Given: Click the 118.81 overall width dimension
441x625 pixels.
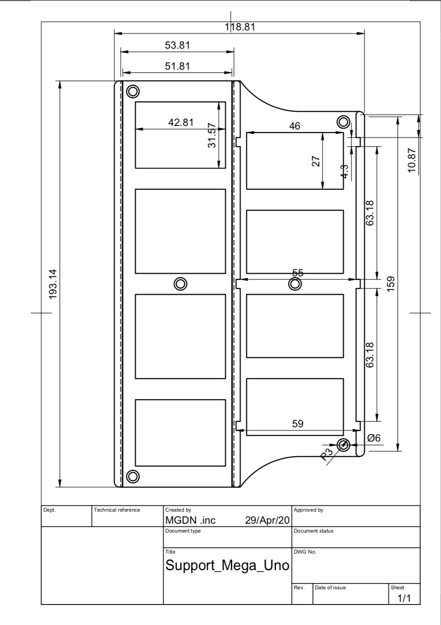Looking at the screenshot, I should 240,27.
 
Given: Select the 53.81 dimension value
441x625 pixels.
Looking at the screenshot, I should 177,45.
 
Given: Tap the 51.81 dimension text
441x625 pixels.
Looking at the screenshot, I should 177,66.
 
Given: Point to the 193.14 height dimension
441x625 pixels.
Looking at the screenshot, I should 53,283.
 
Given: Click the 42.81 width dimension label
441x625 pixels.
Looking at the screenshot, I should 181,122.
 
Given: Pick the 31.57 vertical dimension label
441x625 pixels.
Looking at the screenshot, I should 212,135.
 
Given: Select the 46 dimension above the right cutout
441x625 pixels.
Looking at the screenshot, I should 295,126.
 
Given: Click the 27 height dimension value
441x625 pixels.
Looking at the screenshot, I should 316,161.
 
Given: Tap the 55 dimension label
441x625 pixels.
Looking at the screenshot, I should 298,273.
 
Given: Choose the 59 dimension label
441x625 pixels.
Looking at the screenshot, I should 298,424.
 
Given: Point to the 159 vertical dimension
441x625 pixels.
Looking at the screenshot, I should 391,283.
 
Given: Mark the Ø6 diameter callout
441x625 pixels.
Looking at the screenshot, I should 374,438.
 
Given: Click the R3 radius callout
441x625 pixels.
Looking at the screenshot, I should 327,454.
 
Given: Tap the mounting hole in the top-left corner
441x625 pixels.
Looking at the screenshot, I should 133,91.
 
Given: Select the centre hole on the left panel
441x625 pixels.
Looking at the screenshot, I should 180,283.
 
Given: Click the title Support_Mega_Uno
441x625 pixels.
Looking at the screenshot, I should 227,565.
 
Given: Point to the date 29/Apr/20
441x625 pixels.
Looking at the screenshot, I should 267,520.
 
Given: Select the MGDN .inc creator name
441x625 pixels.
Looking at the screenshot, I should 191,520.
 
